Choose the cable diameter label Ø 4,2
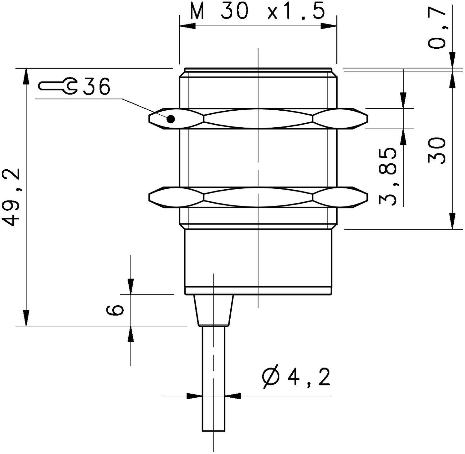[x=296, y=377]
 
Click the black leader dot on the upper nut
[x=171, y=119]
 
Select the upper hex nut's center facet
[x=258, y=119]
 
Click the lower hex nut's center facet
[x=258, y=197]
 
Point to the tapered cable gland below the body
[x=214, y=310]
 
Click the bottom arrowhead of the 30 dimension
[x=453, y=221]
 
